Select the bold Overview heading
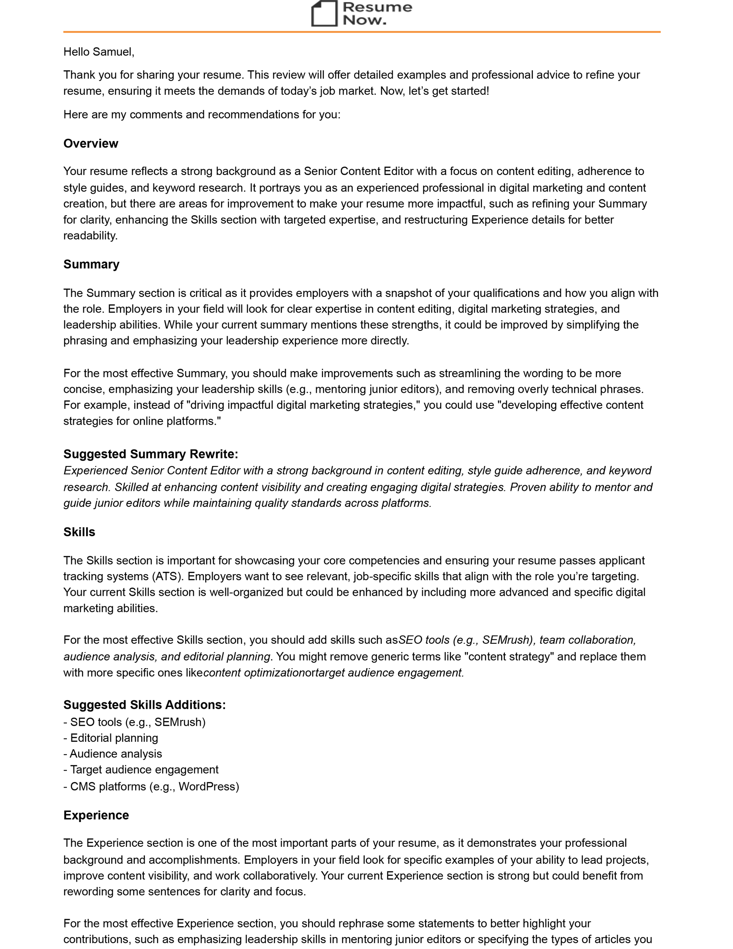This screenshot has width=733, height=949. (91, 143)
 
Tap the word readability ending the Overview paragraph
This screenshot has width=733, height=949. (90, 236)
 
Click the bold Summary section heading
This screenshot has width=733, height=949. (91, 264)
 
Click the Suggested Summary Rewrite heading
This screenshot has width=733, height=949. (151, 454)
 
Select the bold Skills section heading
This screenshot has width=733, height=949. (79, 532)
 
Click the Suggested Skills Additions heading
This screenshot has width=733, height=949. (144, 704)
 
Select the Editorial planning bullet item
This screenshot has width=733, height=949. (114, 738)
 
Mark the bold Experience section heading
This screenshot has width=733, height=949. (96, 815)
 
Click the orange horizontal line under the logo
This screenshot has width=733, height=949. (362, 32)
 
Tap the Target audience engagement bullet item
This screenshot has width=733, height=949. (144, 770)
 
